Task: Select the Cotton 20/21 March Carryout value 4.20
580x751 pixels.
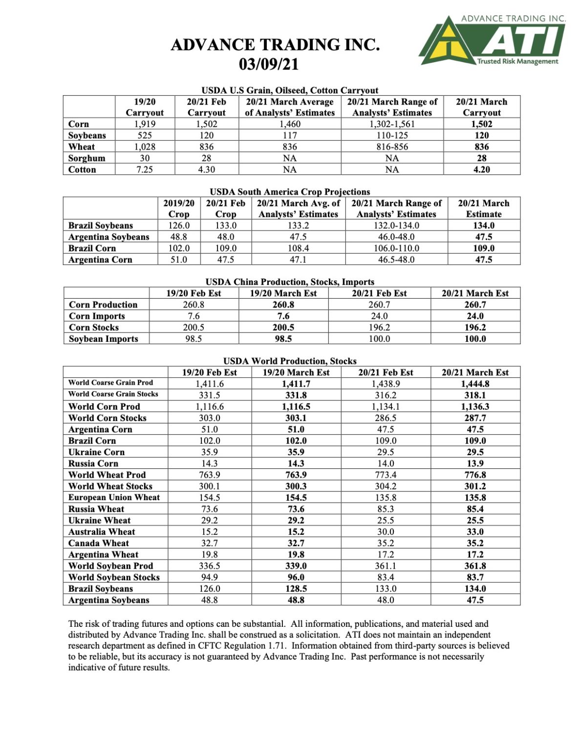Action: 481,170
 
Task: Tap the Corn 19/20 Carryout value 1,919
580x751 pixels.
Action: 145,124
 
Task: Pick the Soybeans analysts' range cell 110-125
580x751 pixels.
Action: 392,135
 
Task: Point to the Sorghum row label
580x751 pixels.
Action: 87,158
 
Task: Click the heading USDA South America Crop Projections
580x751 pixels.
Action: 290,192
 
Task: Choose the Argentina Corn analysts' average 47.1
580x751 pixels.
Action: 298,260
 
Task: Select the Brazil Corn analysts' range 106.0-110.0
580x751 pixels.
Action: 396,248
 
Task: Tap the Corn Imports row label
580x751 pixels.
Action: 97,316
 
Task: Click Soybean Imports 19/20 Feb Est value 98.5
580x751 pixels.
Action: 193,339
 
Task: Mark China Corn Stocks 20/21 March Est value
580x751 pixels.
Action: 475,328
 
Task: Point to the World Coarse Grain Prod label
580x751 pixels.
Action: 110,383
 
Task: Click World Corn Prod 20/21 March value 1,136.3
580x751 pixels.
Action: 475,407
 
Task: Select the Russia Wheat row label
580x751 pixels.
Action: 96,509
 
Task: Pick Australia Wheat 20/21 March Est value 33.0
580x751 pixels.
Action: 475,532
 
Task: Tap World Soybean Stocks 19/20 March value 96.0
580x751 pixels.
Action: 296,577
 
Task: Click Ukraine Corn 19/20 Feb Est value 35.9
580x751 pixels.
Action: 209,452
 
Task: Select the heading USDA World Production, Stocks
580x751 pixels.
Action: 290,361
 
